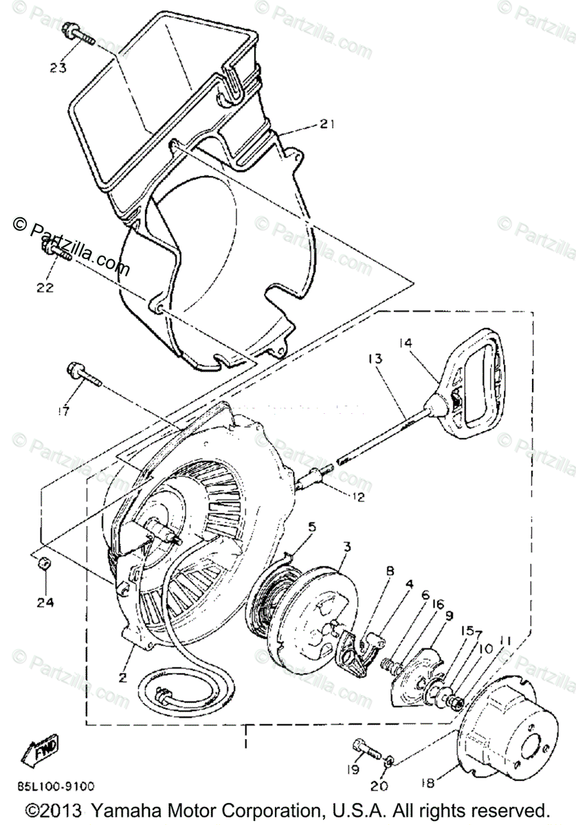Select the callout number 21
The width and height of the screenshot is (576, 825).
click(x=326, y=124)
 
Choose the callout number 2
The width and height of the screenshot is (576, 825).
click(x=122, y=677)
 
